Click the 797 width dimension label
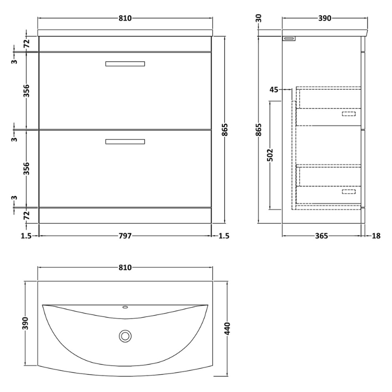pyautogui.click(x=125, y=236)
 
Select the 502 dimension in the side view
pyautogui.click(x=270, y=154)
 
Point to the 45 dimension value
pyautogui.click(x=274, y=89)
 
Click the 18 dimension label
pyautogui.click(x=376, y=236)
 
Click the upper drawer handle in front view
pyautogui.click(x=125, y=64)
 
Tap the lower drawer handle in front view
pyautogui.click(x=125, y=142)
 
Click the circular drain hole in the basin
pyautogui.click(x=125, y=336)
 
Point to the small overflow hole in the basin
pyautogui.click(x=125, y=308)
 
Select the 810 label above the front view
pyautogui.click(x=125, y=18)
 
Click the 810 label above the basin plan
pyautogui.click(x=125, y=268)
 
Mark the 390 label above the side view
pyautogui.click(x=325, y=18)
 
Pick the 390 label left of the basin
pyautogui.click(x=25, y=323)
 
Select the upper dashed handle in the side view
pyautogui.click(x=348, y=114)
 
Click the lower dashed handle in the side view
pyautogui.click(x=348, y=192)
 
